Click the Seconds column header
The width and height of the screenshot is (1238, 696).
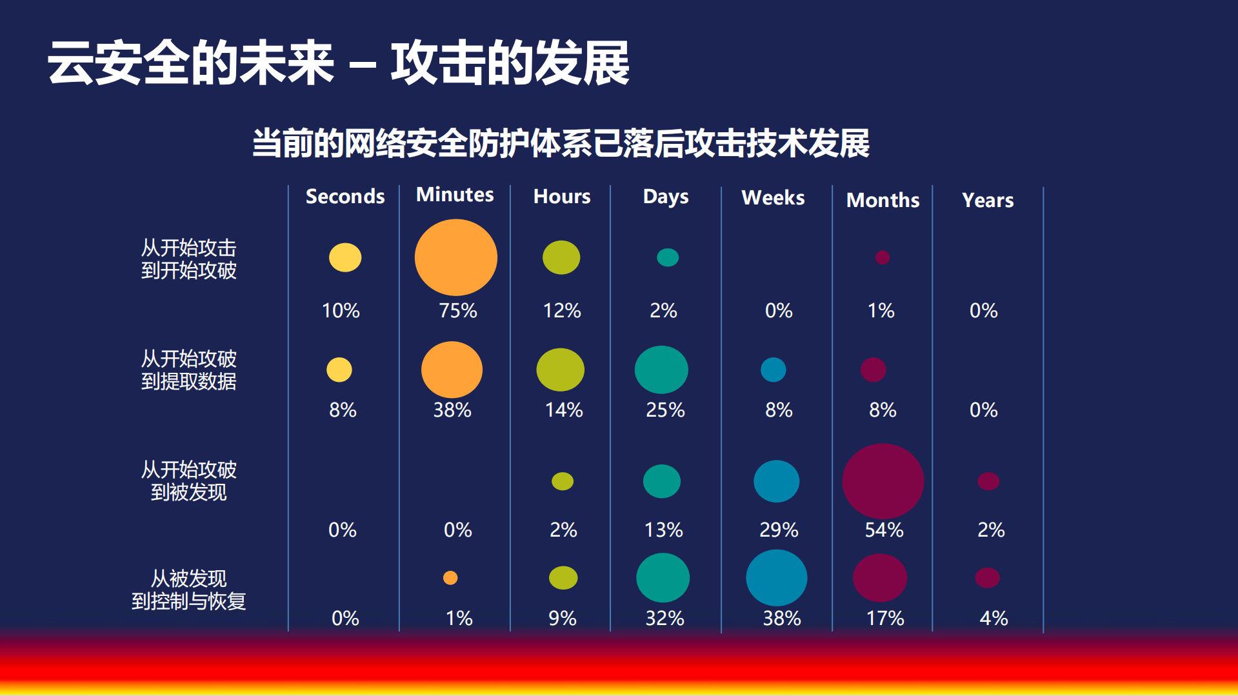click(x=344, y=196)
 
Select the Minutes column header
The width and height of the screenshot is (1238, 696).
click(x=455, y=195)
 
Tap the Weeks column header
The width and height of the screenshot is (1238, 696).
click(x=773, y=197)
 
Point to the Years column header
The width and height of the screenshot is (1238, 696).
click(x=988, y=200)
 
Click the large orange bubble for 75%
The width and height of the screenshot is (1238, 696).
click(x=455, y=257)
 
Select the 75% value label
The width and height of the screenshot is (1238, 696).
click(x=457, y=310)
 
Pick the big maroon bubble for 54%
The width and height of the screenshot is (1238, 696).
click(x=883, y=481)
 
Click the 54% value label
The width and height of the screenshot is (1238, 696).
click(x=884, y=530)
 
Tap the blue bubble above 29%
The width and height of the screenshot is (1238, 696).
click(x=776, y=481)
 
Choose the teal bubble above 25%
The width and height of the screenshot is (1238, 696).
click(x=661, y=370)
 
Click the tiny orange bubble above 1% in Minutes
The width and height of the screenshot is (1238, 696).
click(x=450, y=578)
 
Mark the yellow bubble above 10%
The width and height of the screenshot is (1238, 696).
click(x=345, y=257)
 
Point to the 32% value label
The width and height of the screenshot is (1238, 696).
click(x=664, y=618)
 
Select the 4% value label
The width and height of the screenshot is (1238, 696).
click(x=993, y=618)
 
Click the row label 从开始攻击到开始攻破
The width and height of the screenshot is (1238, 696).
click(x=188, y=259)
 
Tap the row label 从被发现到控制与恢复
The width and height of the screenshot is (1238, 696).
click(x=188, y=590)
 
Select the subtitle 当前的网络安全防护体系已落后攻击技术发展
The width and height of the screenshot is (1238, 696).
click(x=560, y=143)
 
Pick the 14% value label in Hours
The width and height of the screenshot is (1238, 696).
click(x=563, y=410)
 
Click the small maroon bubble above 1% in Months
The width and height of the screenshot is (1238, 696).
click(x=882, y=257)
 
